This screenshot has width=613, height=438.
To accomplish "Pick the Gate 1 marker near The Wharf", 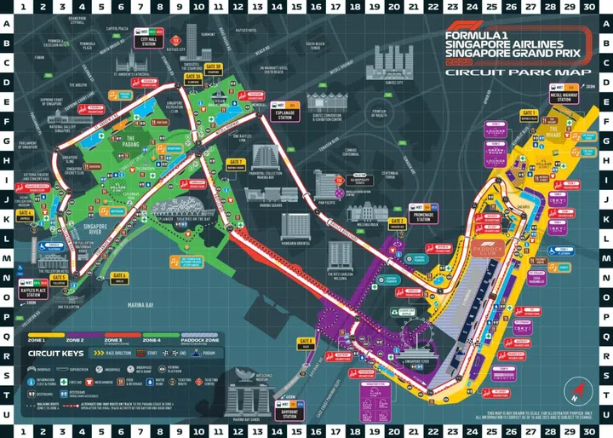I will [x=529, y=113].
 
